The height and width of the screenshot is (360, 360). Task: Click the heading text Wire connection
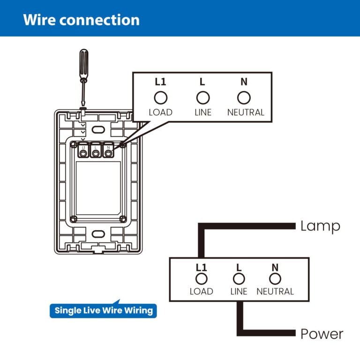81,20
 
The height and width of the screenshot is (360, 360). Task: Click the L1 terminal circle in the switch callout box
161,97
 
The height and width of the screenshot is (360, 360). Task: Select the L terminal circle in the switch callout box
202,97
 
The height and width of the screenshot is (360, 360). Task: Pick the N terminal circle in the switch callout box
244,97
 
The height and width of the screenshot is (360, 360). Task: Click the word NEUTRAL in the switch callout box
246,112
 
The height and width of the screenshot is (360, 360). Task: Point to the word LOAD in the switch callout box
161,112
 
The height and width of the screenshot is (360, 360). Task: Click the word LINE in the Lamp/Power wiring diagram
239,292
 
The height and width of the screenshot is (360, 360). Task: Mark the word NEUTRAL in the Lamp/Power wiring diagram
275,292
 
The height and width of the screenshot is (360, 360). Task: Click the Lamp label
320,226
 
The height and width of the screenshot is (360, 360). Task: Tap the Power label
322,334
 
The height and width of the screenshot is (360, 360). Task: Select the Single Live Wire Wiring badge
104,310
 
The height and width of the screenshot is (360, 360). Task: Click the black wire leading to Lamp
248,226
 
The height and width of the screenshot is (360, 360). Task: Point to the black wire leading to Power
267,334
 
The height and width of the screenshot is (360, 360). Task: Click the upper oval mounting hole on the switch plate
97,129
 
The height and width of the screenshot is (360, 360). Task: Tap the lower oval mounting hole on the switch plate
97,234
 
